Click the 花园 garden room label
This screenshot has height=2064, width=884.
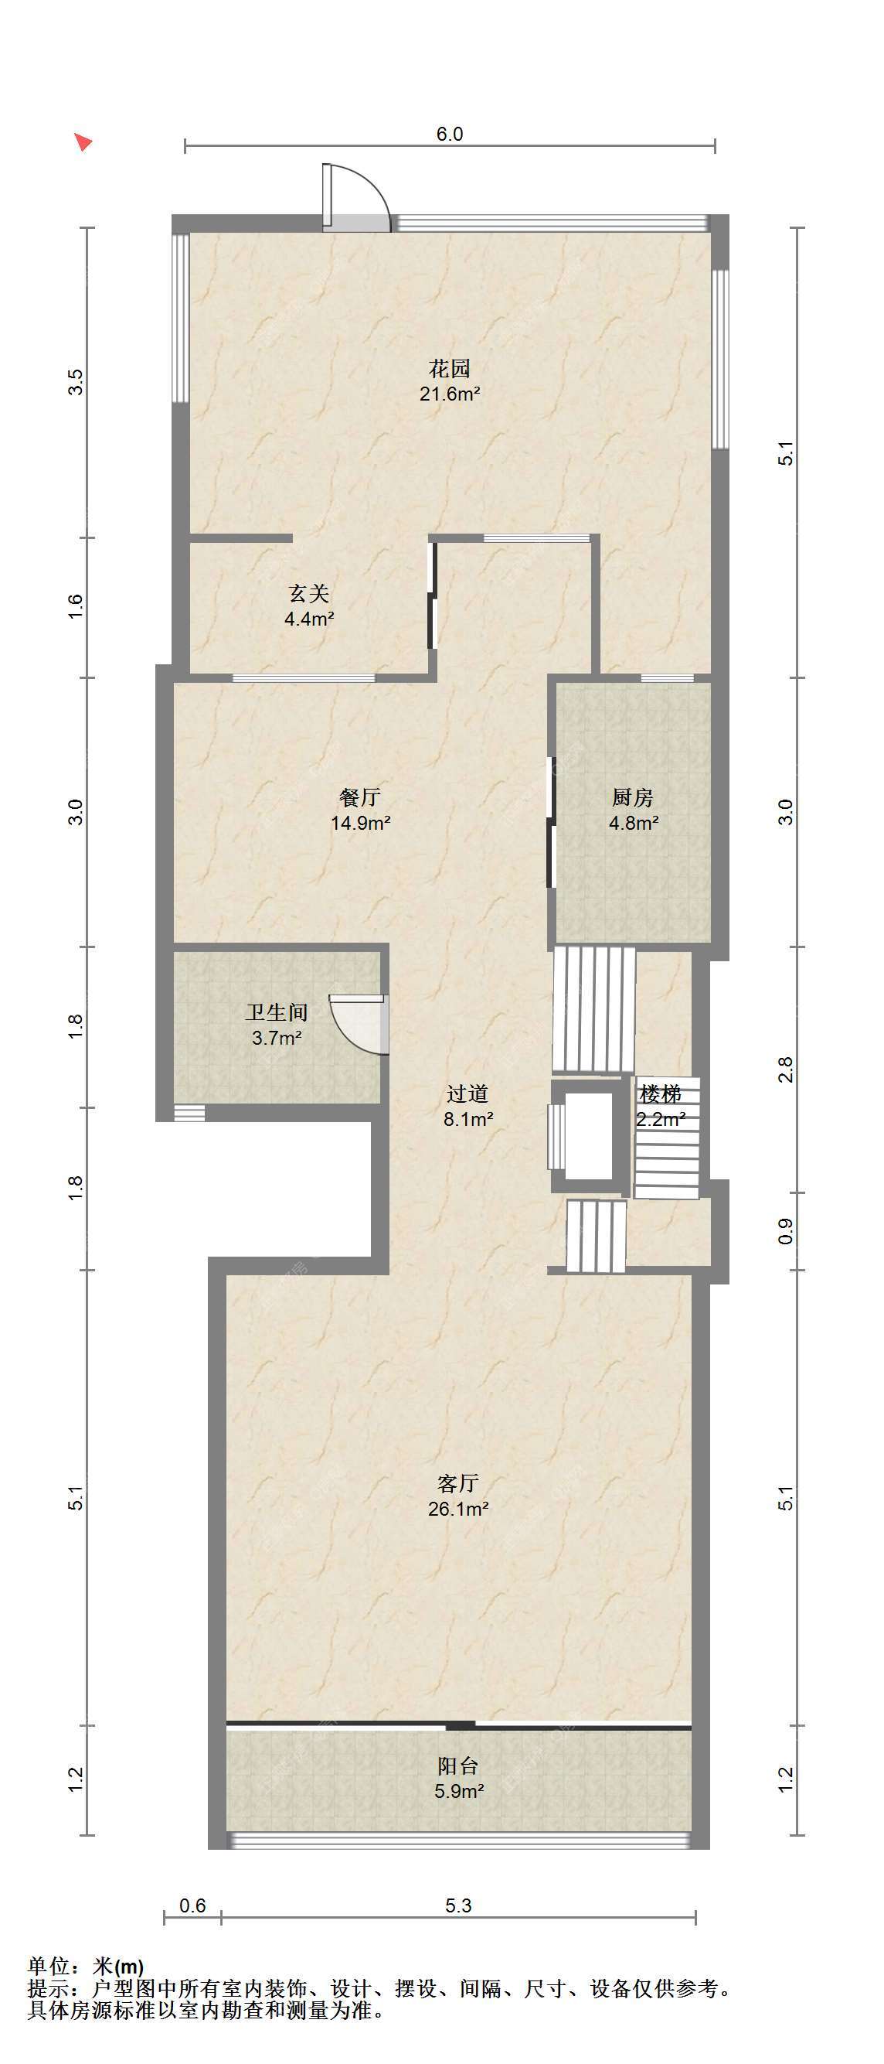pyautogui.click(x=449, y=369)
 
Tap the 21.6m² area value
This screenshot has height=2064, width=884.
pyautogui.click(x=450, y=394)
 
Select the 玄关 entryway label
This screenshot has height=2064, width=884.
pyautogui.click(x=309, y=594)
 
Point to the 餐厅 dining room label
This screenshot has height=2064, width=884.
pyautogui.click(x=359, y=797)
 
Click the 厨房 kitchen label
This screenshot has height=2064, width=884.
pyautogui.click(x=633, y=797)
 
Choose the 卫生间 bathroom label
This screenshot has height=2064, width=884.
pyautogui.click(x=277, y=1012)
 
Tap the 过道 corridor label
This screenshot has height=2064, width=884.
pyautogui.click(x=467, y=1093)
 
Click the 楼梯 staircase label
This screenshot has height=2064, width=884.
pyautogui.click(x=661, y=1093)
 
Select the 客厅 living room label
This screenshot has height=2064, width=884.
pyautogui.click(x=458, y=1483)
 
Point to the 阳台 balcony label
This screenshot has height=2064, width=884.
pyautogui.click(x=458, y=1766)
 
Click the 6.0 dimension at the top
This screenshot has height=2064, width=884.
pyautogui.click(x=449, y=134)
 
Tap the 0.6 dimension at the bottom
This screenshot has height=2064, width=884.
pyautogui.click(x=192, y=1905)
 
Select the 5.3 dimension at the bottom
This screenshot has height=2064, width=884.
pyautogui.click(x=458, y=1905)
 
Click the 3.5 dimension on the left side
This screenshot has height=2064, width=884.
pyautogui.click(x=75, y=381)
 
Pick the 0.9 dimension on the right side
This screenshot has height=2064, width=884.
pyautogui.click(x=786, y=1230)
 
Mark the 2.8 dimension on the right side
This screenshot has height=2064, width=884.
pyautogui.click(x=786, y=1070)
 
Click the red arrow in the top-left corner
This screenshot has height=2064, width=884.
pyautogui.click(x=83, y=142)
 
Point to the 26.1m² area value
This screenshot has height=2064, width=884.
pyautogui.click(x=458, y=1509)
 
